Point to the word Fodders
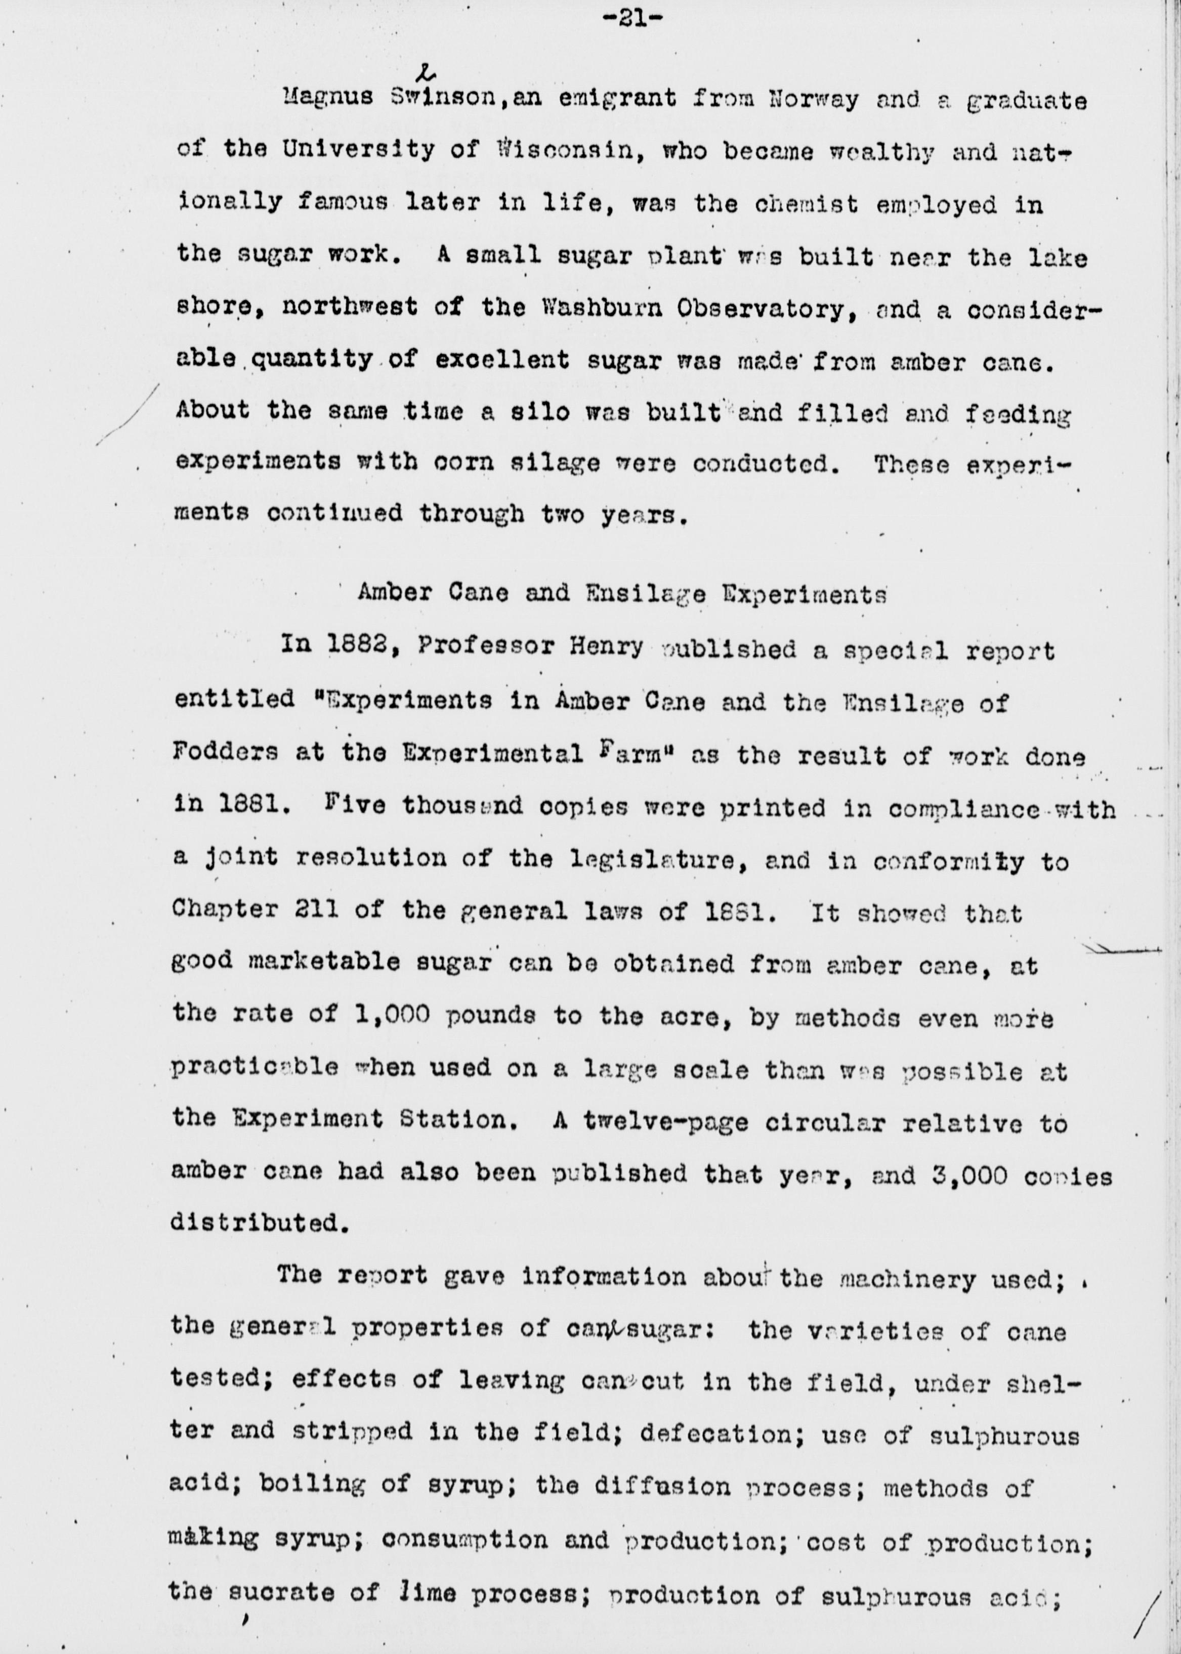(225, 753)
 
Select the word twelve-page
(665, 1122)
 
